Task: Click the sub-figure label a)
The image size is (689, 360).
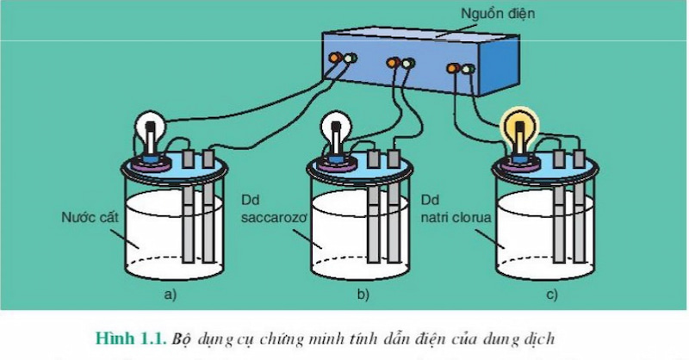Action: [170, 295]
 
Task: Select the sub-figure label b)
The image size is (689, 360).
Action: [363, 295]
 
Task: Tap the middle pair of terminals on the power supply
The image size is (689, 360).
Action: [400, 63]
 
